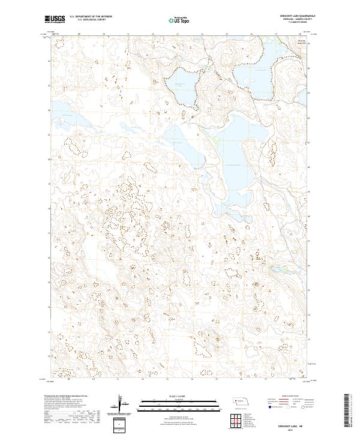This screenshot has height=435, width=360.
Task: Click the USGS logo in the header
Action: tap(53, 19)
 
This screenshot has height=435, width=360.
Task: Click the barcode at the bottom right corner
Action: tap(350, 411)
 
